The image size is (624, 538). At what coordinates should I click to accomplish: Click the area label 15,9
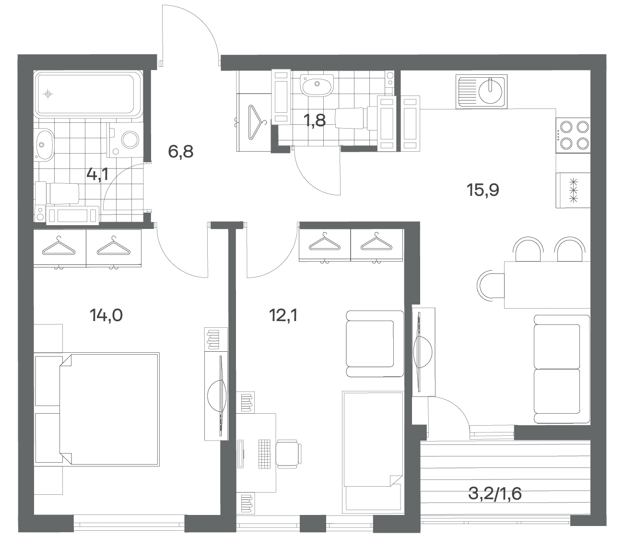click(483, 191)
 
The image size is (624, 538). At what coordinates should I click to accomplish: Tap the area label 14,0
click(106, 316)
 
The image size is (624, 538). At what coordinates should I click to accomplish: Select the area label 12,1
click(283, 316)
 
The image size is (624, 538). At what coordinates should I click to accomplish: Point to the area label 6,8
click(180, 152)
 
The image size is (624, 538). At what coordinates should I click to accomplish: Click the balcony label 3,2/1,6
click(495, 494)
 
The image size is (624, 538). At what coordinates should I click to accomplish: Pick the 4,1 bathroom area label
click(97, 174)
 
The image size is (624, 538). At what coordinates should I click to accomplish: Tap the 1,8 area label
click(315, 120)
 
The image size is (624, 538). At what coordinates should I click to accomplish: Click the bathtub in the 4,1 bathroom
click(88, 94)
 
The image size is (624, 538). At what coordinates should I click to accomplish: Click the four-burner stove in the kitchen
click(573, 135)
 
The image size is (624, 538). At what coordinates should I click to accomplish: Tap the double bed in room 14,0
click(109, 409)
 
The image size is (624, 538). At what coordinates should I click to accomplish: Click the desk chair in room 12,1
click(289, 454)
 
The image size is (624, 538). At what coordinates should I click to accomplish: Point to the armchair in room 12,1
click(375, 344)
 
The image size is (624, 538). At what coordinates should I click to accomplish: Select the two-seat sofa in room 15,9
click(562, 369)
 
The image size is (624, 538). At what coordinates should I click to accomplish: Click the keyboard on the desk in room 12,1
click(264, 454)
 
